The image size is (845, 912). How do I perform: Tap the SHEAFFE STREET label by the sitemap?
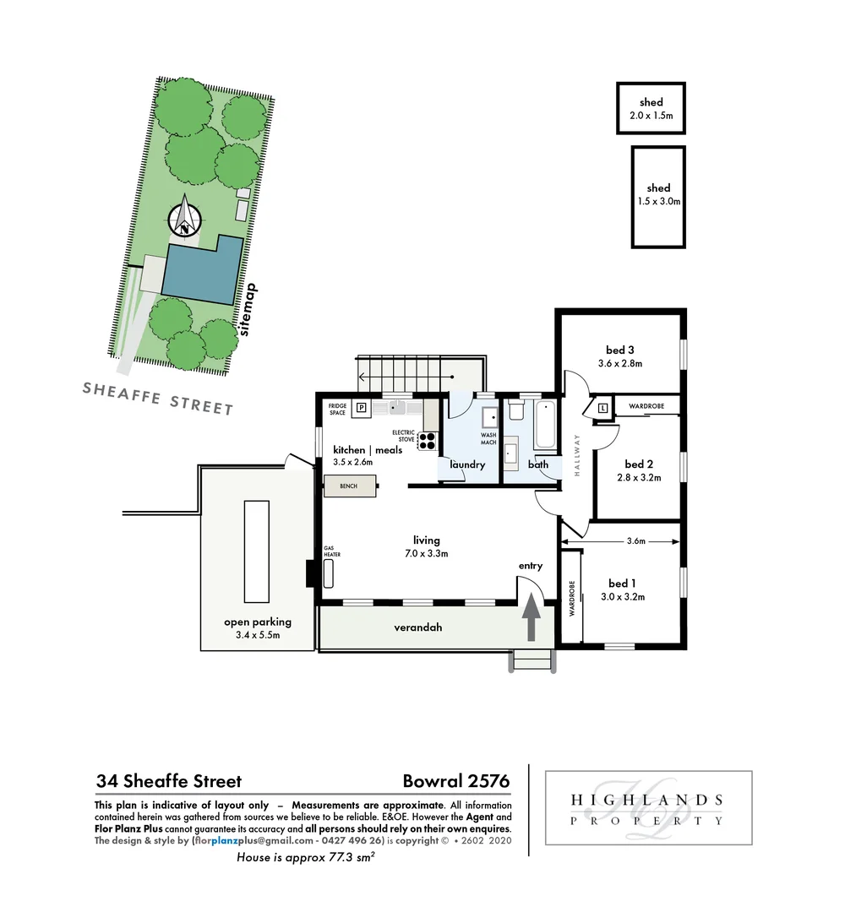pyautogui.click(x=158, y=397)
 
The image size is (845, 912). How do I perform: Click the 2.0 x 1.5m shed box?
pyautogui.click(x=651, y=108)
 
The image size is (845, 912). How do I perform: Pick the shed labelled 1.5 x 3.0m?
pyautogui.click(x=658, y=197)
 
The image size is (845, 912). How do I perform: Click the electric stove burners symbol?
pyautogui.click(x=428, y=440)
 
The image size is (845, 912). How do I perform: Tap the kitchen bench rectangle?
pyautogui.click(x=350, y=487)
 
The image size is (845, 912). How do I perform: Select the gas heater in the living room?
pyautogui.click(x=329, y=573)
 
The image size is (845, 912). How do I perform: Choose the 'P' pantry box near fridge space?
pyautogui.click(x=361, y=408)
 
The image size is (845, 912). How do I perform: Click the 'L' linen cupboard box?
pyautogui.click(x=602, y=409)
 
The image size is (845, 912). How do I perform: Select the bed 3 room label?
pyautogui.click(x=619, y=350)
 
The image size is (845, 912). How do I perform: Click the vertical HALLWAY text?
pyautogui.click(x=577, y=457)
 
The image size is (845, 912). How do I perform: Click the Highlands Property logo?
pyautogui.click(x=647, y=808)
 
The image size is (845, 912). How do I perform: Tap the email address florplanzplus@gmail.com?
pyautogui.click(x=246, y=841)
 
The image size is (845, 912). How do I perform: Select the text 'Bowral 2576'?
pyautogui.click(x=456, y=781)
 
